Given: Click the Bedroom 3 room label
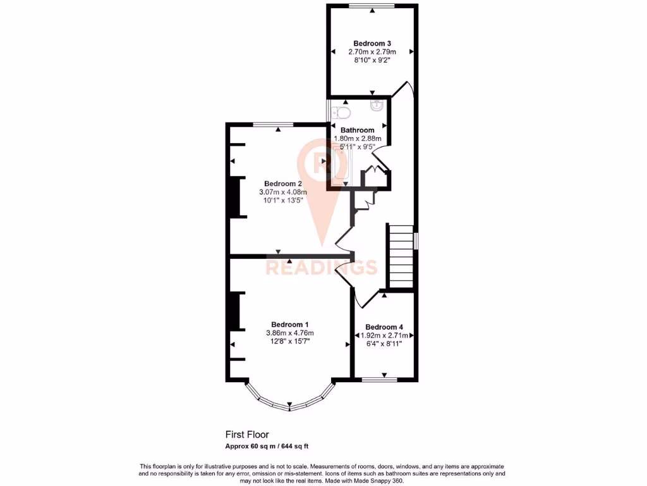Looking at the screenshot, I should click(371, 43).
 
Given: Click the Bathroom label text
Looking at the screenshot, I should click(358, 130).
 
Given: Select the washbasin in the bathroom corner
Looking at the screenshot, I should click(378, 106).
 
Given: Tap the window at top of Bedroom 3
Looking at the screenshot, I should click(371, 6).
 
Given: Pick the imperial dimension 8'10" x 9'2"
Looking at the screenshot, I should click(371, 61).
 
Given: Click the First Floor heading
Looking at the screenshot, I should click(247, 435).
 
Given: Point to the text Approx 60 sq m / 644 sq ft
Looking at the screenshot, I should click(267, 446).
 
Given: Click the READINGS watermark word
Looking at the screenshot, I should click(321, 268).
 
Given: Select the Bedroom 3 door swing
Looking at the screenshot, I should click(403, 90).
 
